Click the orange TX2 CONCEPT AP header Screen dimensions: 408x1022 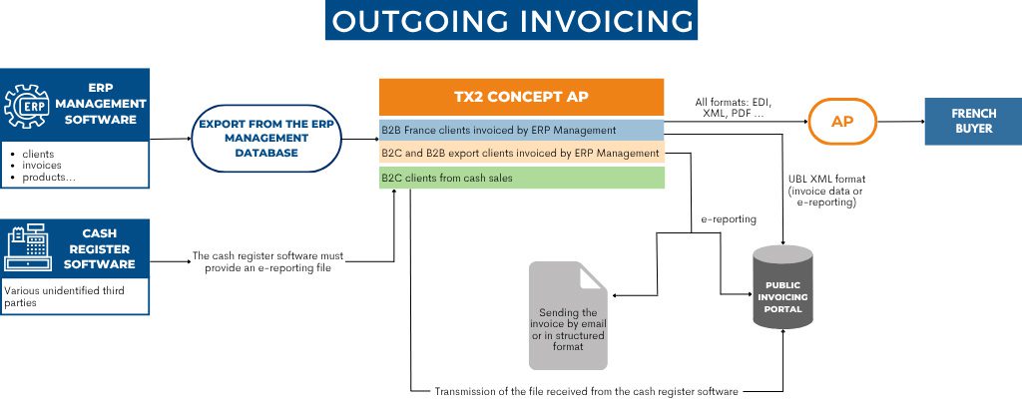click(521, 98)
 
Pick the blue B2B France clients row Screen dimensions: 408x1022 click(521, 130)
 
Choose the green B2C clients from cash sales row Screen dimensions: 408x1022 click(521, 178)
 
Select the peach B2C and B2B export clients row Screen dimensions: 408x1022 click(521, 154)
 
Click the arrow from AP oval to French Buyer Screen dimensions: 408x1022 click(903, 122)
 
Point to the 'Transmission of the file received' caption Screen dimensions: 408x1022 click(586, 392)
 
